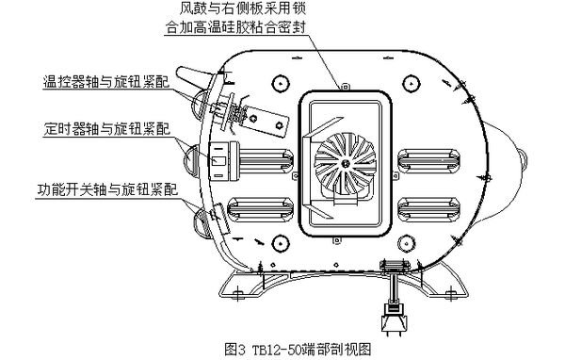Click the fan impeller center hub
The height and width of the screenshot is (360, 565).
coord(346,163)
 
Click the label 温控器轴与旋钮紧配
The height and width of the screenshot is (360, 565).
coord(106,82)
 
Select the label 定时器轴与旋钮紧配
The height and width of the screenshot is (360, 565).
coord(107,128)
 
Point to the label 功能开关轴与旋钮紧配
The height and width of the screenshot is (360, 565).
coord(107,189)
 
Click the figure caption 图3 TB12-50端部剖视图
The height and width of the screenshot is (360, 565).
coord(298,350)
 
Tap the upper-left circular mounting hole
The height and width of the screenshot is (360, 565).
coord(281,84)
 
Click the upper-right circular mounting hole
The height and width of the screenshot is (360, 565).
coord(411,84)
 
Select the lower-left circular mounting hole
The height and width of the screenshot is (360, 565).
coord(281,243)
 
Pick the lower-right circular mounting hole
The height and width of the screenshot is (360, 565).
coord(407,243)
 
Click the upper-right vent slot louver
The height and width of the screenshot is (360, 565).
coord(428,159)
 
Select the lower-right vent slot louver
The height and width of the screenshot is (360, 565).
coord(428,209)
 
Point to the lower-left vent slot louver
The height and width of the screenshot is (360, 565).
coord(261,209)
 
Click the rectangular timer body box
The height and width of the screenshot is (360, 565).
coord(218,161)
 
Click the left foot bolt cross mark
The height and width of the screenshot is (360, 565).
coord(237,292)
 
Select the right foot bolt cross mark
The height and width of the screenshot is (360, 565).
coord(450,292)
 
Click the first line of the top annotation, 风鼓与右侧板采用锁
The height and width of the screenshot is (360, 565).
coord(243,8)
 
